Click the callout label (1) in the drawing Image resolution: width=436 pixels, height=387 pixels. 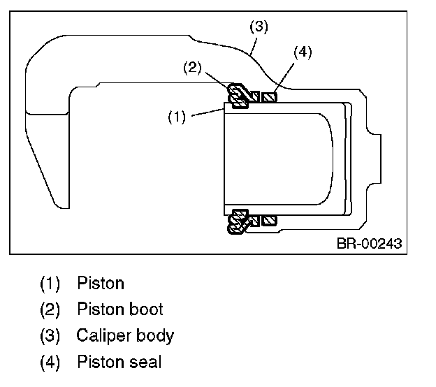point(177,117)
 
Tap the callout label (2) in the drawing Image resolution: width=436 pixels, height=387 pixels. point(192,68)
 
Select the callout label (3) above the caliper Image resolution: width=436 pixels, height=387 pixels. point(259,27)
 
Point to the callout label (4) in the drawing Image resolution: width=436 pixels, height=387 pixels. point(303,52)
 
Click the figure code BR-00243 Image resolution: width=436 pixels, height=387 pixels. point(369,244)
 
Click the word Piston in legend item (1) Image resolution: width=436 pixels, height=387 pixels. point(101,284)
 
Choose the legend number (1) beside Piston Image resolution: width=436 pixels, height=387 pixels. point(50,284)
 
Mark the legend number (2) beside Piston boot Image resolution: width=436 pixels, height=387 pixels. point(50,309)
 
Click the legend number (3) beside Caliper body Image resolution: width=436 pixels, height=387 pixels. point(50,335)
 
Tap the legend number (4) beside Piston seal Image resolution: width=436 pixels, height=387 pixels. point(50,362)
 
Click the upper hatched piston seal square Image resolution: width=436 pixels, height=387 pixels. point(269,97)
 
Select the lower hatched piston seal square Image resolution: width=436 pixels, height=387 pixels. point(269,221)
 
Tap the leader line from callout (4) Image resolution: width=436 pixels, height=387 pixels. point(284,79)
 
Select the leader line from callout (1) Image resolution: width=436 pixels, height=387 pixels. point(208,112)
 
